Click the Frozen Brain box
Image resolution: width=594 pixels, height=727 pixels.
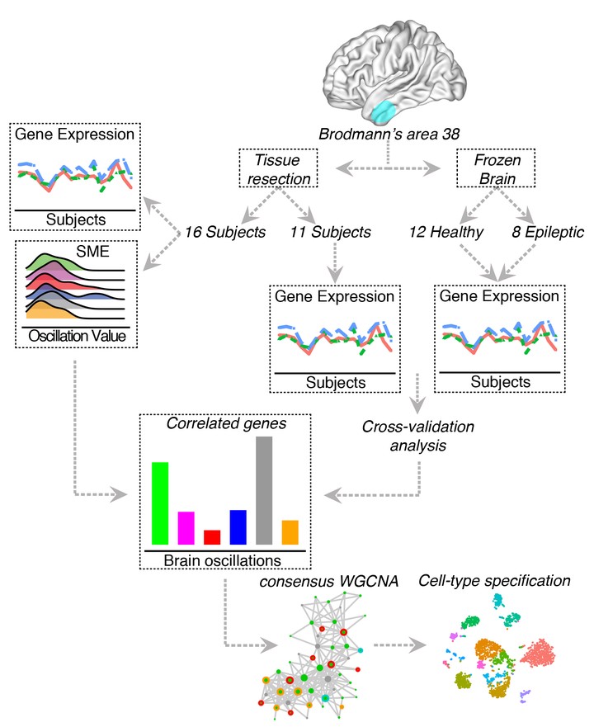(x=492, y=169)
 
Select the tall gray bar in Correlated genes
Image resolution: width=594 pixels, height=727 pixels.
(x=264, y=490)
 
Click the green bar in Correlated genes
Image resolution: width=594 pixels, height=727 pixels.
(x=160, y=503)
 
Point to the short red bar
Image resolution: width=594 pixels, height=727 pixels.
(x=212, y=536)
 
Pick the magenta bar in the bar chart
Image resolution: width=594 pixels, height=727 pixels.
(x=186, y=528)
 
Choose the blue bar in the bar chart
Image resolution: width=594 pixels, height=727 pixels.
(x=238, y=526)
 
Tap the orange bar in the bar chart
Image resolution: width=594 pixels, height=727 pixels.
(x=290, y=532)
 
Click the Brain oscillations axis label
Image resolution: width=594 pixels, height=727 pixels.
(x=225, y=559)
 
